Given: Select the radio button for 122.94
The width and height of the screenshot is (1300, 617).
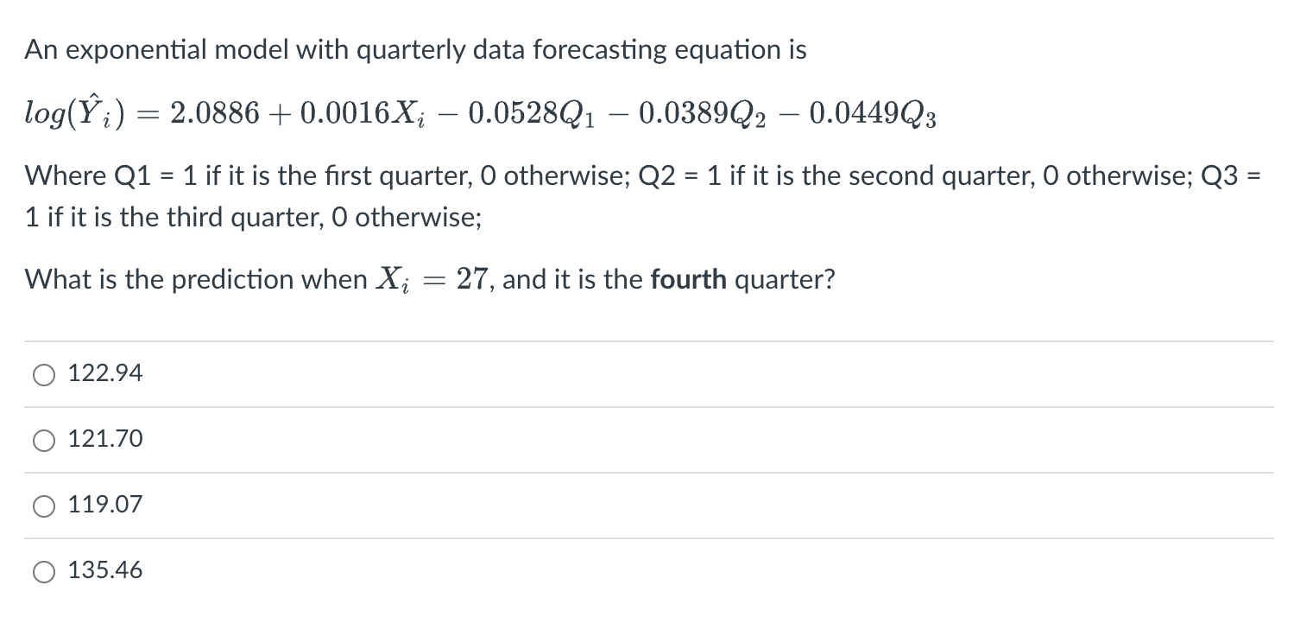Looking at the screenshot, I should click(x=44, y=374).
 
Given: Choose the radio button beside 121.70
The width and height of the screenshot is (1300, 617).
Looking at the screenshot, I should click(x=44, y=440).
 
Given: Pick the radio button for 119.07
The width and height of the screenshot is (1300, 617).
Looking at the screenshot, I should click(x=44, y=506).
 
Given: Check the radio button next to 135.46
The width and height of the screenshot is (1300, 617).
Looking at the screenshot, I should click(x=44, y=571).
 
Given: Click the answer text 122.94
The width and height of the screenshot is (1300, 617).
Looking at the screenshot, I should click(x=105, y=373).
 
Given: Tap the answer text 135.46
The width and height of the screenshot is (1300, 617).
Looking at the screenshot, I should click(x=105, y=570).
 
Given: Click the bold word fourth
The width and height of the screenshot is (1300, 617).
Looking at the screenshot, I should click(x=689, y=279).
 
